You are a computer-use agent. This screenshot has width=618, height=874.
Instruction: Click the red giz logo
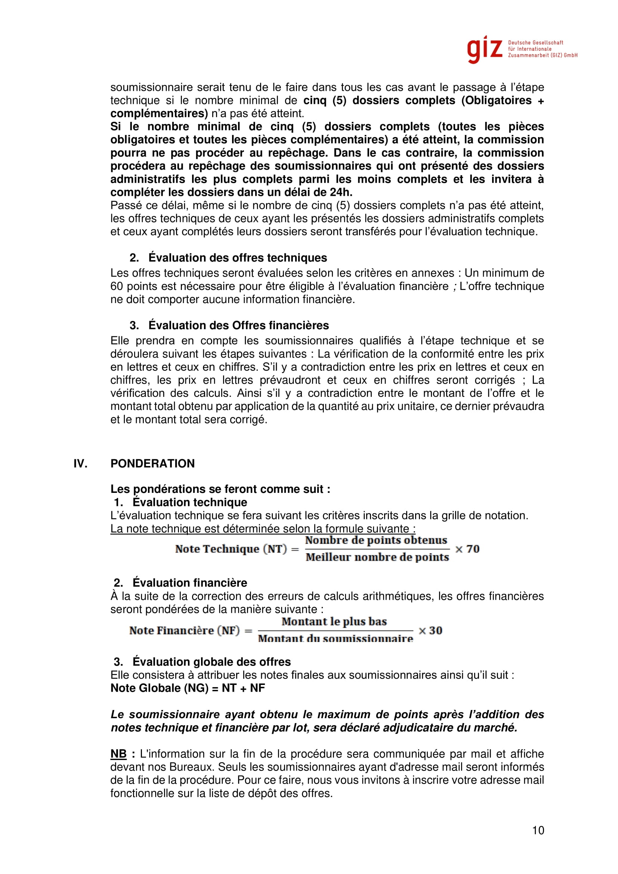[x=485, y=49]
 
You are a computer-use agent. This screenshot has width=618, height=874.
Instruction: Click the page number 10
[x=538, y=830]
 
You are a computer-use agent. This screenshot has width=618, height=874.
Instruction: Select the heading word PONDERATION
[x=152, y=463]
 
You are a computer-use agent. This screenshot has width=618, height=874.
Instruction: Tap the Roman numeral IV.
[x=80, y=463]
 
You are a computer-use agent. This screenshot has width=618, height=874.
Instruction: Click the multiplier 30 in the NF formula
[x=435, y=630]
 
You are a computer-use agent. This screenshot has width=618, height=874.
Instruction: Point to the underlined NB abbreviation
[x=118, y=754]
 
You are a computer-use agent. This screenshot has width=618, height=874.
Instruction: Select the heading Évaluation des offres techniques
[x=238, y=258]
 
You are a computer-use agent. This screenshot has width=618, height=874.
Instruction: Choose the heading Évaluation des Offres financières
[x=239, y=325]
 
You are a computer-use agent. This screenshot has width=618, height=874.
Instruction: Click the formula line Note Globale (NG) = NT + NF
[x=188, y=688]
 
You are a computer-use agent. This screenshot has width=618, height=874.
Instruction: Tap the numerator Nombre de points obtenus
[x=376, y=540]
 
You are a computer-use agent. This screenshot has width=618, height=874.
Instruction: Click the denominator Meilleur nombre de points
[x=377, y=557]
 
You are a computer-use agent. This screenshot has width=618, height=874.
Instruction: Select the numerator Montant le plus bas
[x=334, y=622]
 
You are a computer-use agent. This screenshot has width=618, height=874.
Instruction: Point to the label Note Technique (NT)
[x=231, y=549]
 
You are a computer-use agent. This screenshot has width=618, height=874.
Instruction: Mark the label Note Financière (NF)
[x=185, y=630]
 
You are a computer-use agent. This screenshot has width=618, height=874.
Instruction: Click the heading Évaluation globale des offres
[x=211, y=662]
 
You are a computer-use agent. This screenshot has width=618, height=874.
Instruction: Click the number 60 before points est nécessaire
[x=117, y=286]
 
